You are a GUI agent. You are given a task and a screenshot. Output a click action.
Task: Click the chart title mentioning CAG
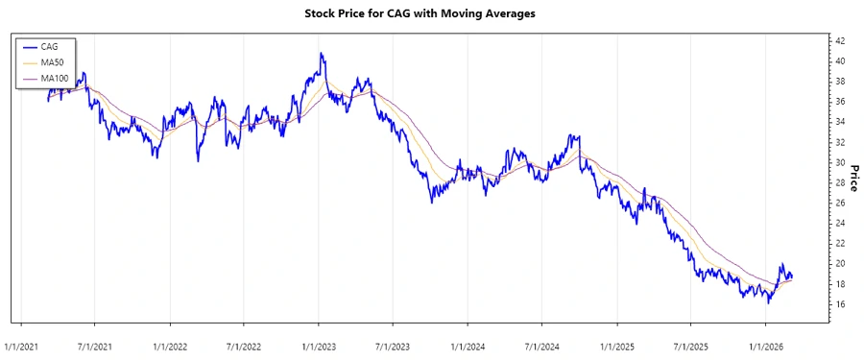(431, 14)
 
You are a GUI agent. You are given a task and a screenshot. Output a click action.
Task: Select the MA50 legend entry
(52, 61)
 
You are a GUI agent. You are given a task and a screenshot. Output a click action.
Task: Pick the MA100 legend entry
(54, 77)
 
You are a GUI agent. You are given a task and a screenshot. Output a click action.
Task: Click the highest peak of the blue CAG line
(322, 54)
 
